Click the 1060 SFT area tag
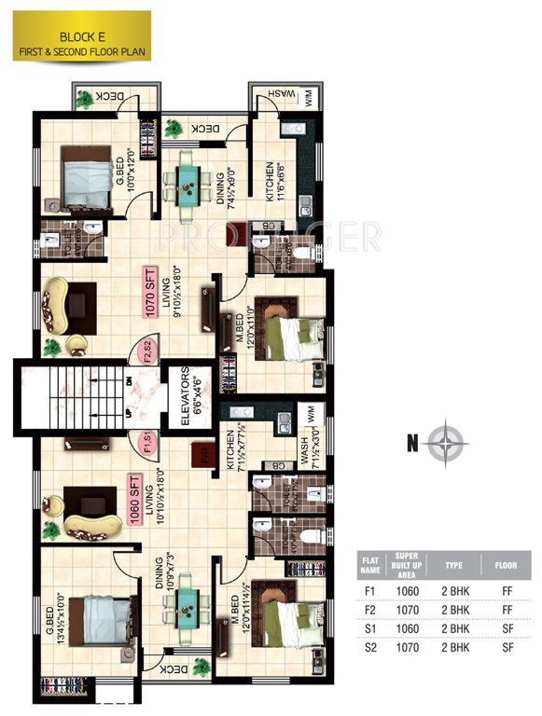[x=135, y=501]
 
